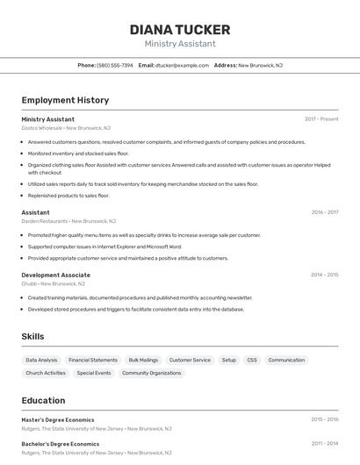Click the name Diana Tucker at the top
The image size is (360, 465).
[x=180, y=30]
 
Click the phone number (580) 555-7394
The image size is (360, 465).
[x=115, y=65]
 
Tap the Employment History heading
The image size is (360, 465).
[x=65, y=100]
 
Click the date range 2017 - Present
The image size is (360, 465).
[x=321, y=119]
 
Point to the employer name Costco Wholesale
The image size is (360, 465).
[x=42, y=128]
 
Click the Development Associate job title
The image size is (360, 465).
[x=56, y=275]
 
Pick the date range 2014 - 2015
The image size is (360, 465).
[x=324, y=275]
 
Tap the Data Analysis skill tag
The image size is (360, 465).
[x=41, y=360]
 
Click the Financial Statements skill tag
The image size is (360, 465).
[x=93, y=360]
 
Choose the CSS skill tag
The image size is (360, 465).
[x=252, y=360]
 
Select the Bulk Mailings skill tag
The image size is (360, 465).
[x=143, y=360]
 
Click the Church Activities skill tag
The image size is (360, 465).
[x=46, y=373]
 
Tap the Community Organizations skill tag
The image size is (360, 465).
[x=151, y=373]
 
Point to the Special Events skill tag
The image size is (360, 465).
[x=94, y=373]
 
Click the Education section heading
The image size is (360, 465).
[x=43, y=400]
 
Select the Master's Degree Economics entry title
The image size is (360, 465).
[x=58, y=419]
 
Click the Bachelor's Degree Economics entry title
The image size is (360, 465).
[x=61, y=444]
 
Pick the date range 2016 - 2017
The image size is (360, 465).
[x=324, y=212]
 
